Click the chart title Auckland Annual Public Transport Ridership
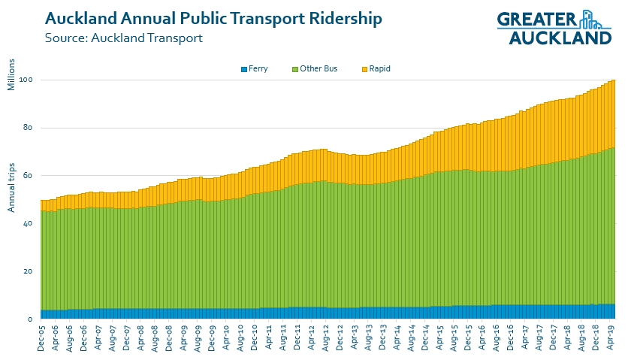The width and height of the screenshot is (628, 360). tap(213, 18)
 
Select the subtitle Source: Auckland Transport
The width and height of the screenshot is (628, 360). tap(123, 38)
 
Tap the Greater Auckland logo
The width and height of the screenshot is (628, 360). tap(554, 28)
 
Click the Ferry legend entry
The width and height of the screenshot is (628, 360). tap(255, 69)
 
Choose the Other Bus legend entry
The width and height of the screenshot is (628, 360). tap(314, 69)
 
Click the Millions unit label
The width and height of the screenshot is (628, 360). tap(12, 74)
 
